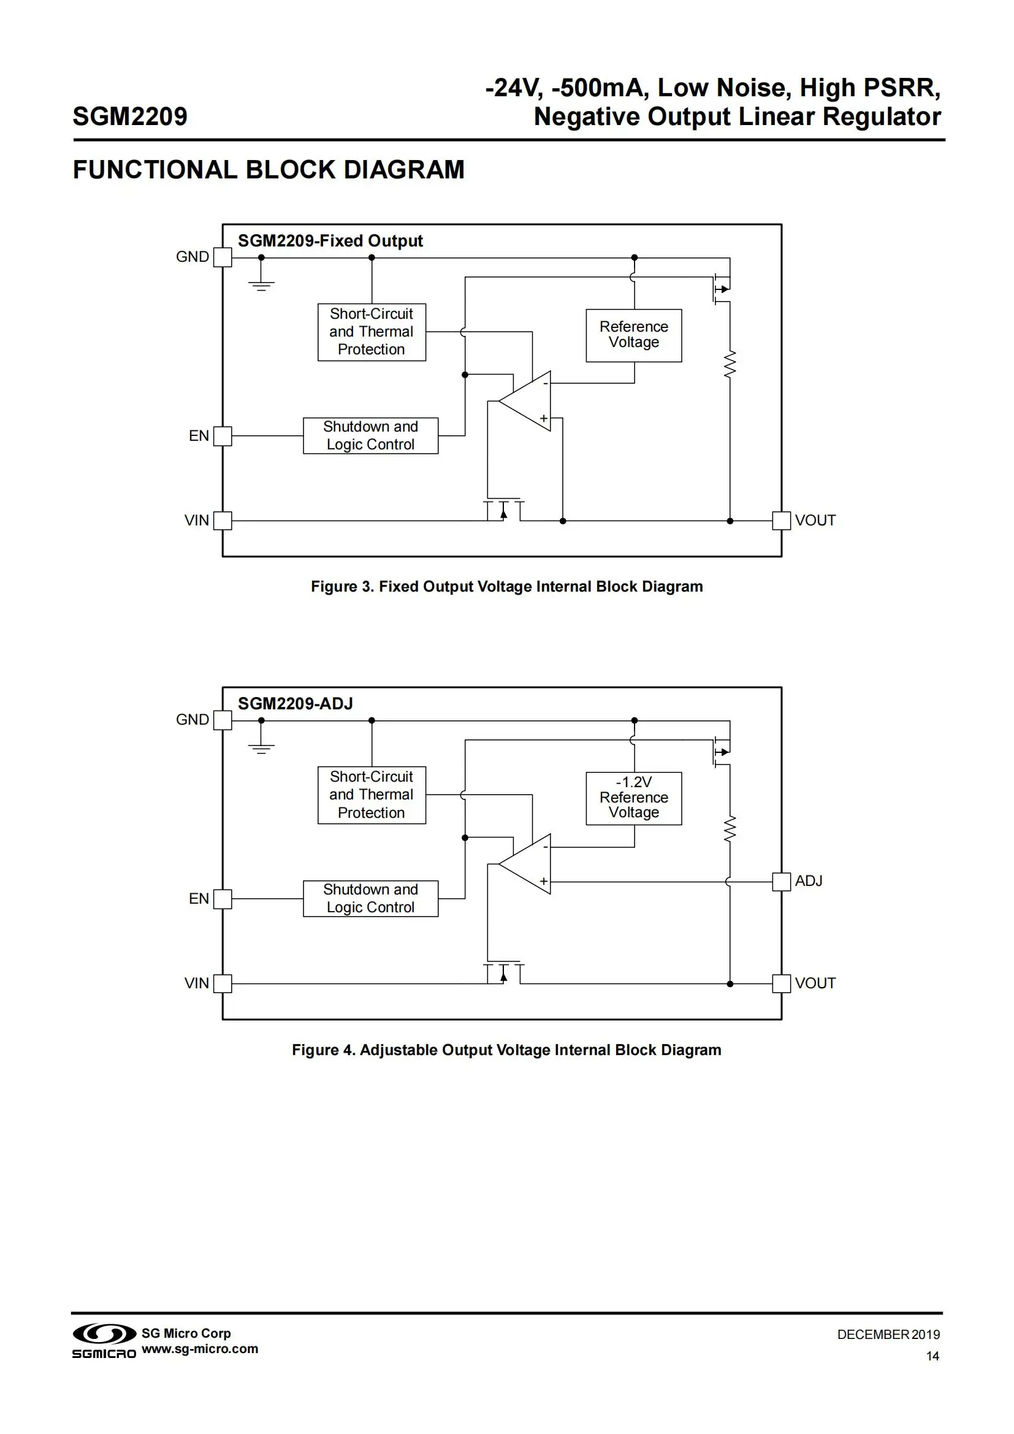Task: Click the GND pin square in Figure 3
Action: point(223,257)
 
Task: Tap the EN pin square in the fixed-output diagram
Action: point(223,436)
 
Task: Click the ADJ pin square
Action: point(781,882)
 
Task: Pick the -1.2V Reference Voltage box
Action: point(634,798)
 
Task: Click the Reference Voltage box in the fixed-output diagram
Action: point(634,335)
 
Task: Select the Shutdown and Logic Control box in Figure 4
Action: point(370,899)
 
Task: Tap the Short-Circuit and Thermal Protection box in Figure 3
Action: point(372,332)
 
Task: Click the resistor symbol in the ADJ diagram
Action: point(730,829)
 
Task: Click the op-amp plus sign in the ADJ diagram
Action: point(544,881)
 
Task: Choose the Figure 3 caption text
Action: point(506,587)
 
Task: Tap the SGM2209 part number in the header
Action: point(130,117)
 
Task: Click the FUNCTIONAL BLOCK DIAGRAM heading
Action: point(269,170)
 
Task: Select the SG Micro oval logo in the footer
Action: point(104,1333)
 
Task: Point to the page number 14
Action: point(932,1356)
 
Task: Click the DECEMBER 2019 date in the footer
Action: point(888,1335)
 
